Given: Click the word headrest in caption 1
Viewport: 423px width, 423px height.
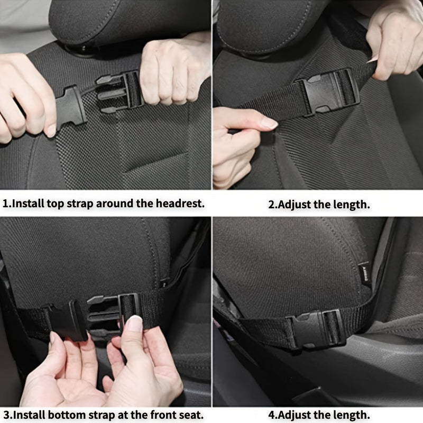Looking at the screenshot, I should coord(178,203).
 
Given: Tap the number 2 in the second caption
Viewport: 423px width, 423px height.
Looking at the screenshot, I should coord(272,205).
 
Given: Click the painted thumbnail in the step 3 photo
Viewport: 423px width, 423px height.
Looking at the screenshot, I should coord(134,323).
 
